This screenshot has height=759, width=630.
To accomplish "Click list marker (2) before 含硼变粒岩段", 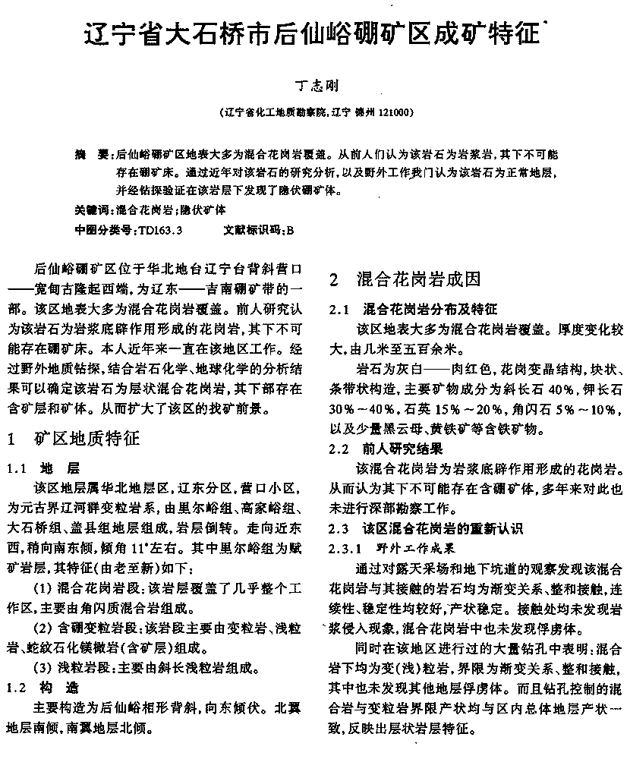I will click(x=44, y=627).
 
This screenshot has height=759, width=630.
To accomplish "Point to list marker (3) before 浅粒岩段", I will click(x=44, y=669).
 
